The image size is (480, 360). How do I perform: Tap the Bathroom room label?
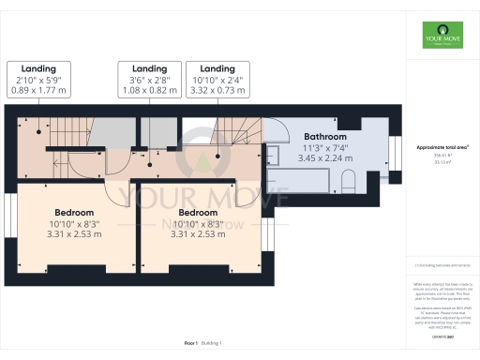coord(325,137)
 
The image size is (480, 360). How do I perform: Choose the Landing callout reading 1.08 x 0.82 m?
coord(148,81)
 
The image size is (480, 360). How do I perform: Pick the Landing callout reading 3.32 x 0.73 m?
coord(217,81)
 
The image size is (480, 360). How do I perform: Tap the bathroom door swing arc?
coord(278,131)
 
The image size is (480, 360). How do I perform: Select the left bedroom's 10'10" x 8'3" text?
coord(75,223)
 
